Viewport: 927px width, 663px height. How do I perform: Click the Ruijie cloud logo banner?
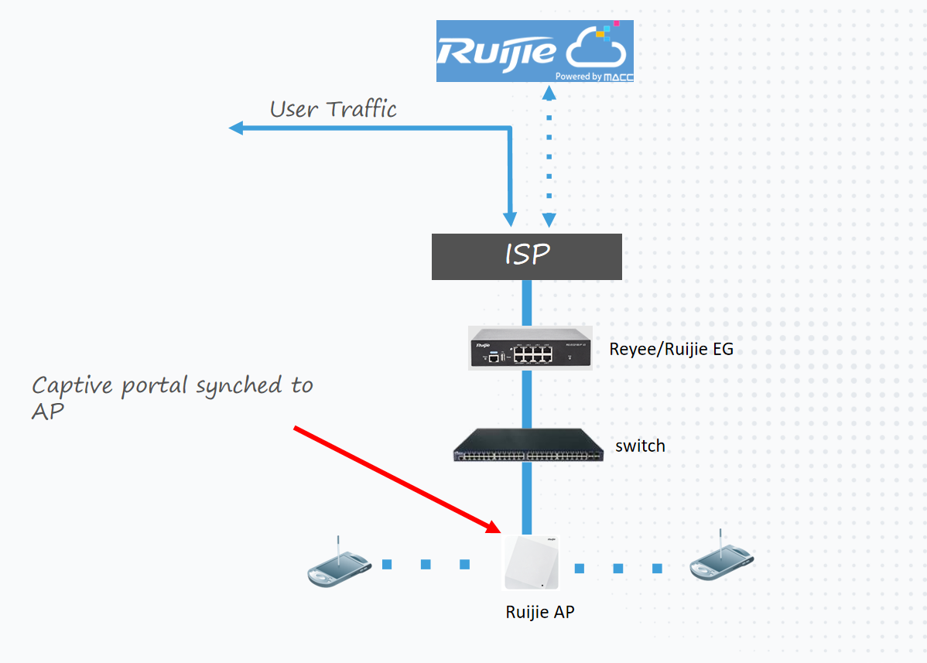tap(535, 51)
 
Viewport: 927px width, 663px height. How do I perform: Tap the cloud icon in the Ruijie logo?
tap(596, 46)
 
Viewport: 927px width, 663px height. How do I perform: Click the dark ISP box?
tap(527, 256)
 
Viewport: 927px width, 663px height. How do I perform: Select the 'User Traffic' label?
tap(333, 109)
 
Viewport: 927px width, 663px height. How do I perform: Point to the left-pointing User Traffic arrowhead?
tap(236, 128)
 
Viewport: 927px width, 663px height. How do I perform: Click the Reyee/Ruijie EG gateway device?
tap(530, 348)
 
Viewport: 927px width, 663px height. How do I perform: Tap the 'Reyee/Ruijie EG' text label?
tap(671, 349)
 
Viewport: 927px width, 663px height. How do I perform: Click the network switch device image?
tap(528, 445)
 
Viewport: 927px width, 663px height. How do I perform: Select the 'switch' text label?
tap(640, 446)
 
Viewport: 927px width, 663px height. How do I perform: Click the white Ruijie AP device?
tap(531, 562)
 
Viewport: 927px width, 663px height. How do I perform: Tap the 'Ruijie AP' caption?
tap(540, 612)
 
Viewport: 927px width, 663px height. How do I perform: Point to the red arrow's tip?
tap(500, 532)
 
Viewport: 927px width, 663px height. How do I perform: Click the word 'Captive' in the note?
tap(72, 386)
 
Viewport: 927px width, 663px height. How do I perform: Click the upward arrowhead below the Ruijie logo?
tap(549, 93)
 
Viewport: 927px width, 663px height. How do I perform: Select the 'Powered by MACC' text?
tap(594, 77)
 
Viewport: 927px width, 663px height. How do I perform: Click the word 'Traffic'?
tap(361, 109)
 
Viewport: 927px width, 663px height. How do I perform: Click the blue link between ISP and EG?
tap(527, 302)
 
